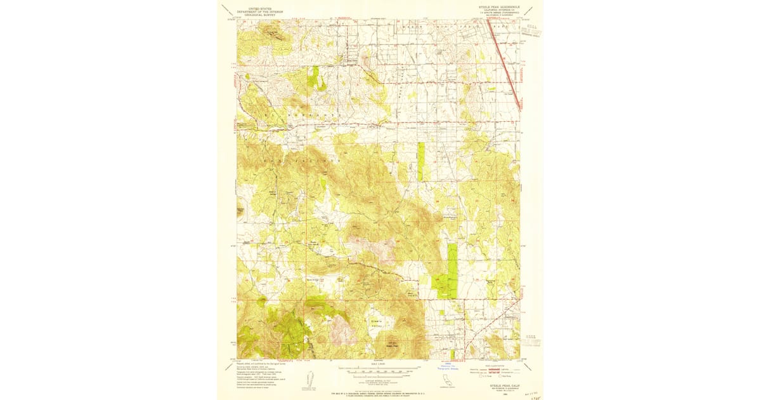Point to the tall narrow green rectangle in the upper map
pos(421,163)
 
